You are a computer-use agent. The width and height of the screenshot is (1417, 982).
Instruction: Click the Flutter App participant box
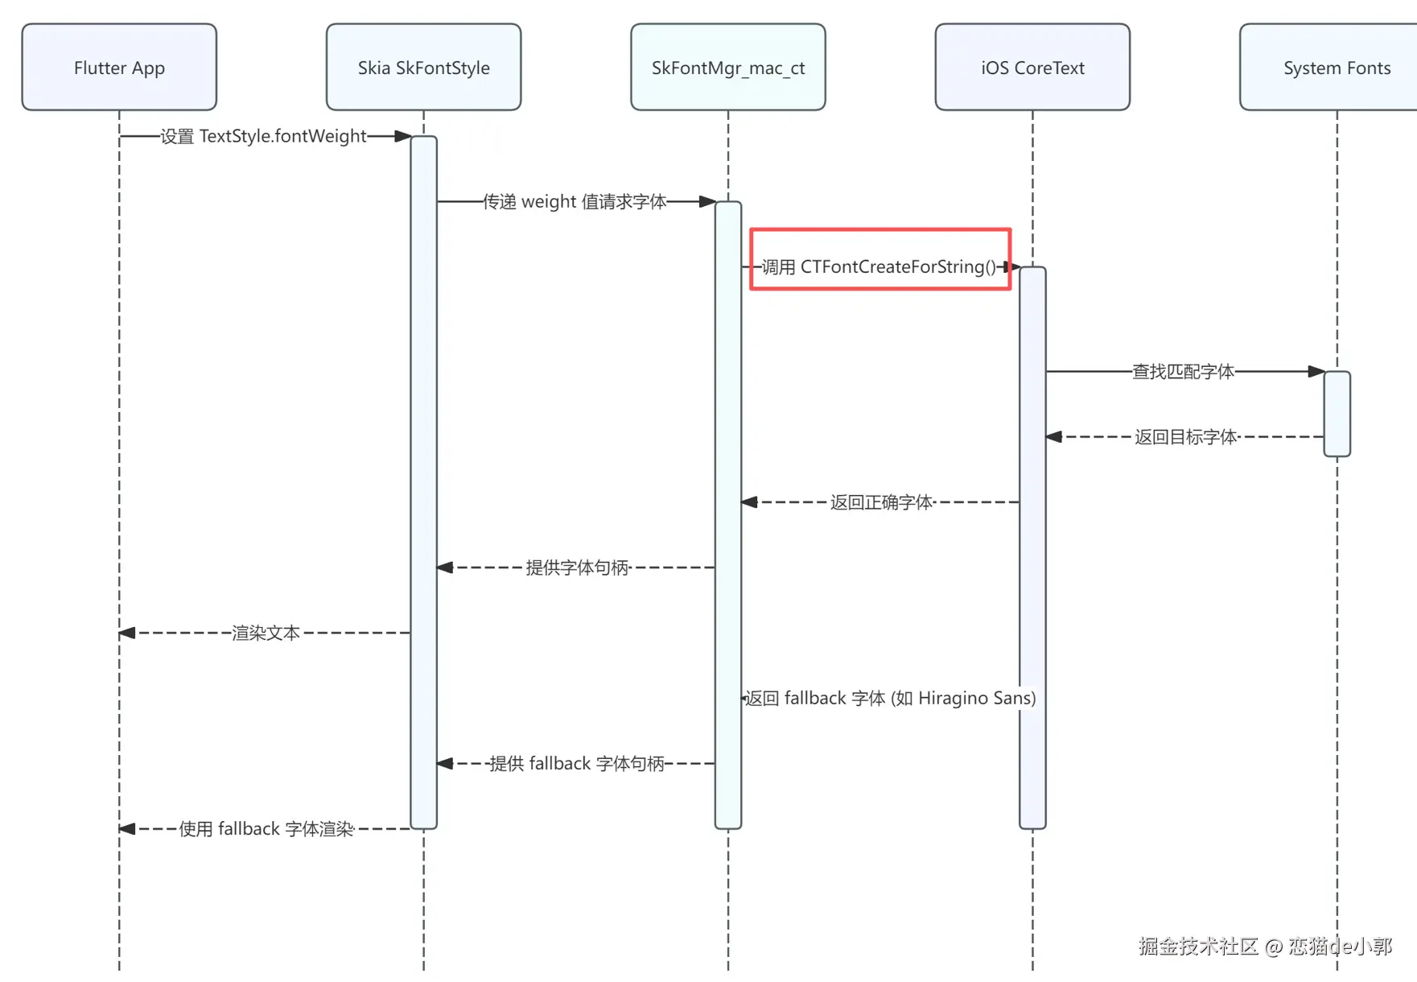click(119, 68)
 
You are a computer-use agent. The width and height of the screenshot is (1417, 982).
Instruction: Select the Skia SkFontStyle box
click(423, 68)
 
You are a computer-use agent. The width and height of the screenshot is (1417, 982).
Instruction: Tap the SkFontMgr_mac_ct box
click(727, 68)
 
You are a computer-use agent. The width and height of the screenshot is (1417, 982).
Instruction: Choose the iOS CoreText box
click(1032, 68)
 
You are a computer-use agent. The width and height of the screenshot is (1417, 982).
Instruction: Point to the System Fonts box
click(1336, 68)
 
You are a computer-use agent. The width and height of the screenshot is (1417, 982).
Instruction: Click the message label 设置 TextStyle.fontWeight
click(263, 136)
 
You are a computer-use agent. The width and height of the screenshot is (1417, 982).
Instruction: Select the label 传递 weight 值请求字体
click(575, 201)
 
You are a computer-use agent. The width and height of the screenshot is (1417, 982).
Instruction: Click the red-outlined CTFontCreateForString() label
click(879, 266)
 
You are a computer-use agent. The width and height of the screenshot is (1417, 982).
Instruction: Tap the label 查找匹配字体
click(1183, 371)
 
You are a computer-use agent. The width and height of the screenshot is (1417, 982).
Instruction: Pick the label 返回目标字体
click(1185, 437)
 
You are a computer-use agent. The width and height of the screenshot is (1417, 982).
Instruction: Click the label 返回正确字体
click(881, 502)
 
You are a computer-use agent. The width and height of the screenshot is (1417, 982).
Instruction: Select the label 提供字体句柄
click(576, 567)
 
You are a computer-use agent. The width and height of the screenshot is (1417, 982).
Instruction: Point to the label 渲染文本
click(266, 633)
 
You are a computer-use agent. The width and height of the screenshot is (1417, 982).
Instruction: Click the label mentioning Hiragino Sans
click(890, 698)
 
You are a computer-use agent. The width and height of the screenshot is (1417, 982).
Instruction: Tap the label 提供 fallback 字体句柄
click(576, 763)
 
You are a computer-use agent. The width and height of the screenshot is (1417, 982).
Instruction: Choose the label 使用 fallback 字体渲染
click(266, 828)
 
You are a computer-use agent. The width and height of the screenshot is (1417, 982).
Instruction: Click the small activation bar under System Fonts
click(1337, 414)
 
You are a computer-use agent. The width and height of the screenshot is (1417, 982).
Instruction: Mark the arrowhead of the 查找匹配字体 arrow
click(1316, 371)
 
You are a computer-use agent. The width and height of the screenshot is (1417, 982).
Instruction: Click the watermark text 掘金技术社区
click(1198, 946)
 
